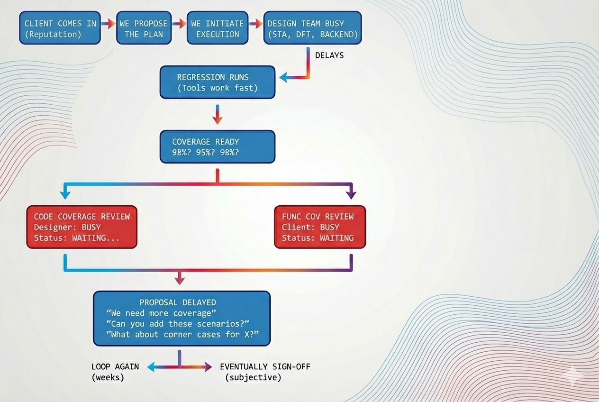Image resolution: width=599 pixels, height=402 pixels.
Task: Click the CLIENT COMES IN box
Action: pos(60,28)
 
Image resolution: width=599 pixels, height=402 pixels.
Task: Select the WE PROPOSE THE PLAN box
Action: pos(144,28)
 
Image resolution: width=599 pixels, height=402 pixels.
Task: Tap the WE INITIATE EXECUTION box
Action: pos(217,28)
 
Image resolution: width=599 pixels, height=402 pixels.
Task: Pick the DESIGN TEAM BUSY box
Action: pos(312,28)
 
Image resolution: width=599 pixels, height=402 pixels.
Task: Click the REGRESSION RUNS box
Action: pos(217,82)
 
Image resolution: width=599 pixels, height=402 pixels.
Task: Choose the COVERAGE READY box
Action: pos(217,147)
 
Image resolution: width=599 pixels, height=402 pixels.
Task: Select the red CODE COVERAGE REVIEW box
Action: pos(82,227)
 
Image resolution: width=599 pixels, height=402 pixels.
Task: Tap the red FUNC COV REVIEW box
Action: pos(320,227)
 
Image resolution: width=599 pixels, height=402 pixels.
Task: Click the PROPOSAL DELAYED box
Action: pos(182,318)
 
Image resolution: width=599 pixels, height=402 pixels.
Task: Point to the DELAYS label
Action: pos(329,55)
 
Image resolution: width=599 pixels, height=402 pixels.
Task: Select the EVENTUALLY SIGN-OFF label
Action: pos(265,366)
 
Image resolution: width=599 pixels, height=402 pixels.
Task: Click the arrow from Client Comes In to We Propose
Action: pos(109,23)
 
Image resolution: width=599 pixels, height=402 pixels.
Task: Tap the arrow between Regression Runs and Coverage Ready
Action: pos(217,115)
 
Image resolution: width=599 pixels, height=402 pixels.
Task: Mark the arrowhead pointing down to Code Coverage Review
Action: pos(65,194)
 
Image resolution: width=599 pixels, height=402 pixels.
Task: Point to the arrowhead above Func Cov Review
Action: pos(351,194)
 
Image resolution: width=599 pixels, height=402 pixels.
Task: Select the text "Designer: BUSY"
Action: pos(67,228)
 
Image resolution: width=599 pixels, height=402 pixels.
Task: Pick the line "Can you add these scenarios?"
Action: pos(178,324)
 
